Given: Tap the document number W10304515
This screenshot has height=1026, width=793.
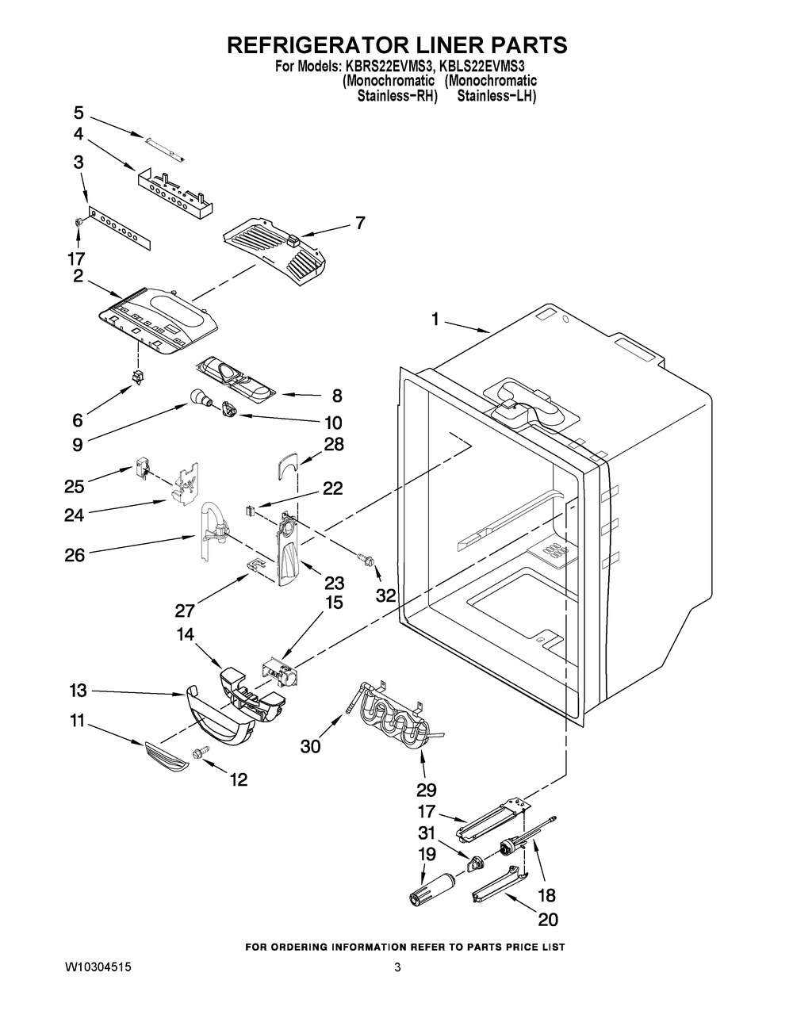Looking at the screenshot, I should tap(98, 968).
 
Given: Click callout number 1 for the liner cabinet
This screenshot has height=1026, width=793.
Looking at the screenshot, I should tap(435, 320).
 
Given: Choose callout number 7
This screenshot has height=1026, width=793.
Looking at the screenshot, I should tap(360, 224).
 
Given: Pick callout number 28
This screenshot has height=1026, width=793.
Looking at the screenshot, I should tap(334, 444).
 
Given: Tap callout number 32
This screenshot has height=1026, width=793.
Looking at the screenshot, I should tap(385, 595).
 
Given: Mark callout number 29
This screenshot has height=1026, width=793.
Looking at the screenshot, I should tap(426, 790).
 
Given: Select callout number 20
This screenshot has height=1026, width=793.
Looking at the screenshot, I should tap(547, 920).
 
